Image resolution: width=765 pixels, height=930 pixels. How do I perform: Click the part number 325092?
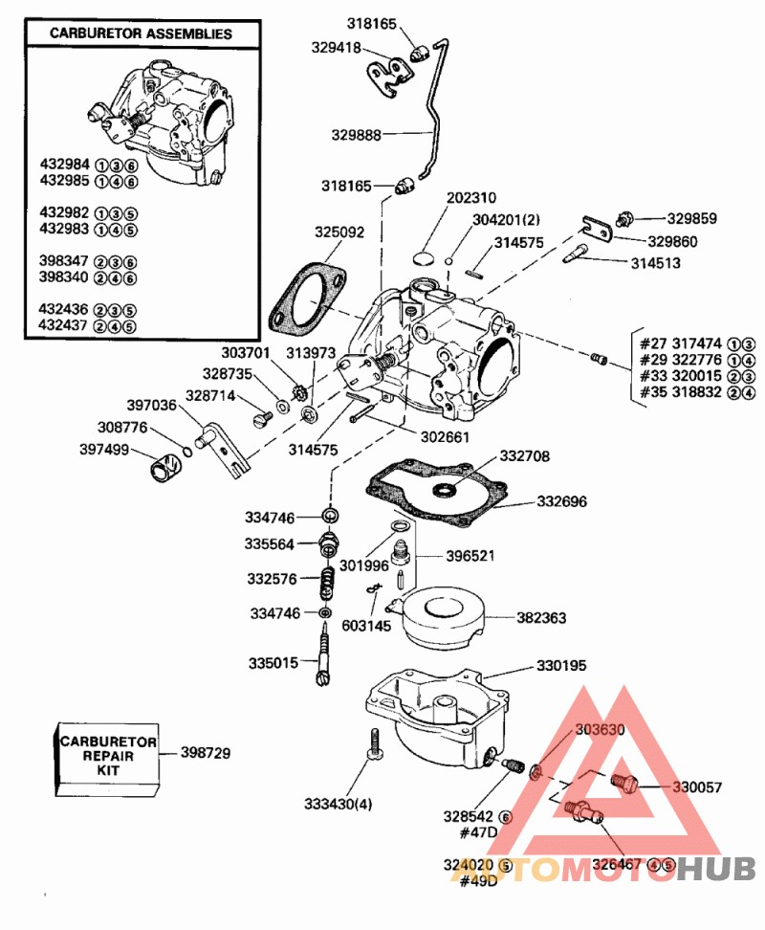[x=340, y=232]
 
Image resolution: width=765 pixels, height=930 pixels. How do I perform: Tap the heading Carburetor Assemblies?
[x=142, y=33]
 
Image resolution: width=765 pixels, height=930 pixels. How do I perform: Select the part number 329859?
[x=691, y=218]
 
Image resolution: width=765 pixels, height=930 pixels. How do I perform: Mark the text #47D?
[x=478, y=831]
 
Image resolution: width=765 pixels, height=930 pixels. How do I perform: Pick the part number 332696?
[x=561, y=500]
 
